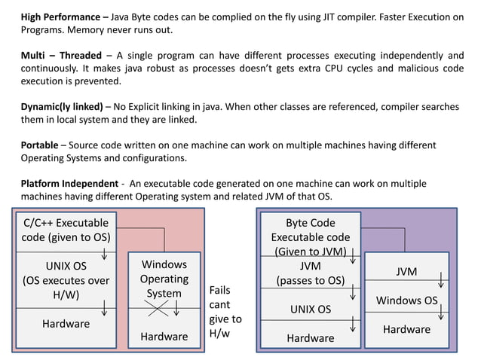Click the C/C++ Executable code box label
[66, 230]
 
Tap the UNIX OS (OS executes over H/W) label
[66, 280]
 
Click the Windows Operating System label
[164, 279]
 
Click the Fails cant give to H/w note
[225, 311]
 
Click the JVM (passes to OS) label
[310, 273]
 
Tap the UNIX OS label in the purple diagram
[310, 309]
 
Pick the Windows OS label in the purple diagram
[406, 301]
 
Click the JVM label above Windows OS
[406, 272]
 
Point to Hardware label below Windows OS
[406, 329]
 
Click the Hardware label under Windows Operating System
[164, 336]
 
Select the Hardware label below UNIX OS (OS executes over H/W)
[66, 324]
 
